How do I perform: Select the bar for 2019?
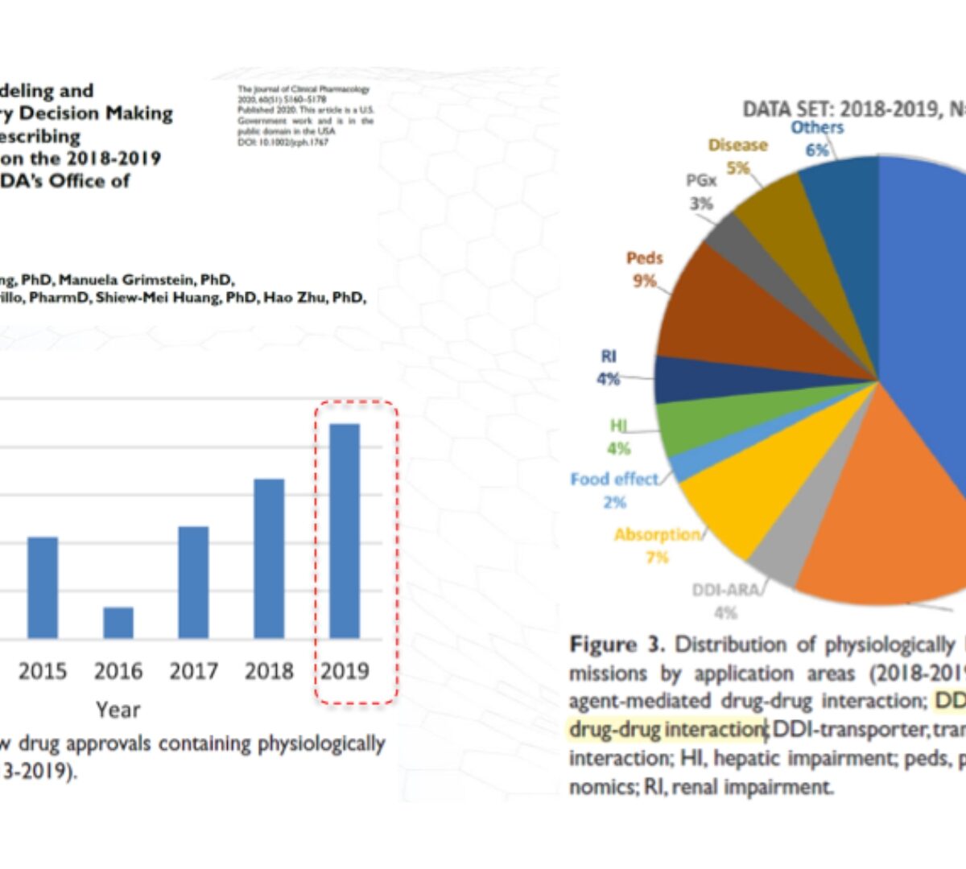point(345,531)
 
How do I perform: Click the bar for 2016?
point(118,623)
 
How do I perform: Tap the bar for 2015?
point(43,587)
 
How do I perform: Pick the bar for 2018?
point(269,558)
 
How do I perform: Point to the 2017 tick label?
point(193,670)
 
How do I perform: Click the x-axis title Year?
point(118,710)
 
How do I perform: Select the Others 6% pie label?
point(817,138)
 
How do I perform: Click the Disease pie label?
point(737,146)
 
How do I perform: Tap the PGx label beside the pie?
point(701,180)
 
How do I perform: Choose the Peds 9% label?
point(644,269)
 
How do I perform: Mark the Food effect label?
point(614,480)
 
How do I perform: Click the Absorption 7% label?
point(657,535)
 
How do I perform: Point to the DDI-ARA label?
point(725,591)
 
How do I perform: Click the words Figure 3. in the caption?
point(617,645)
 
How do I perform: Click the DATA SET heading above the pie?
point(853,109)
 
